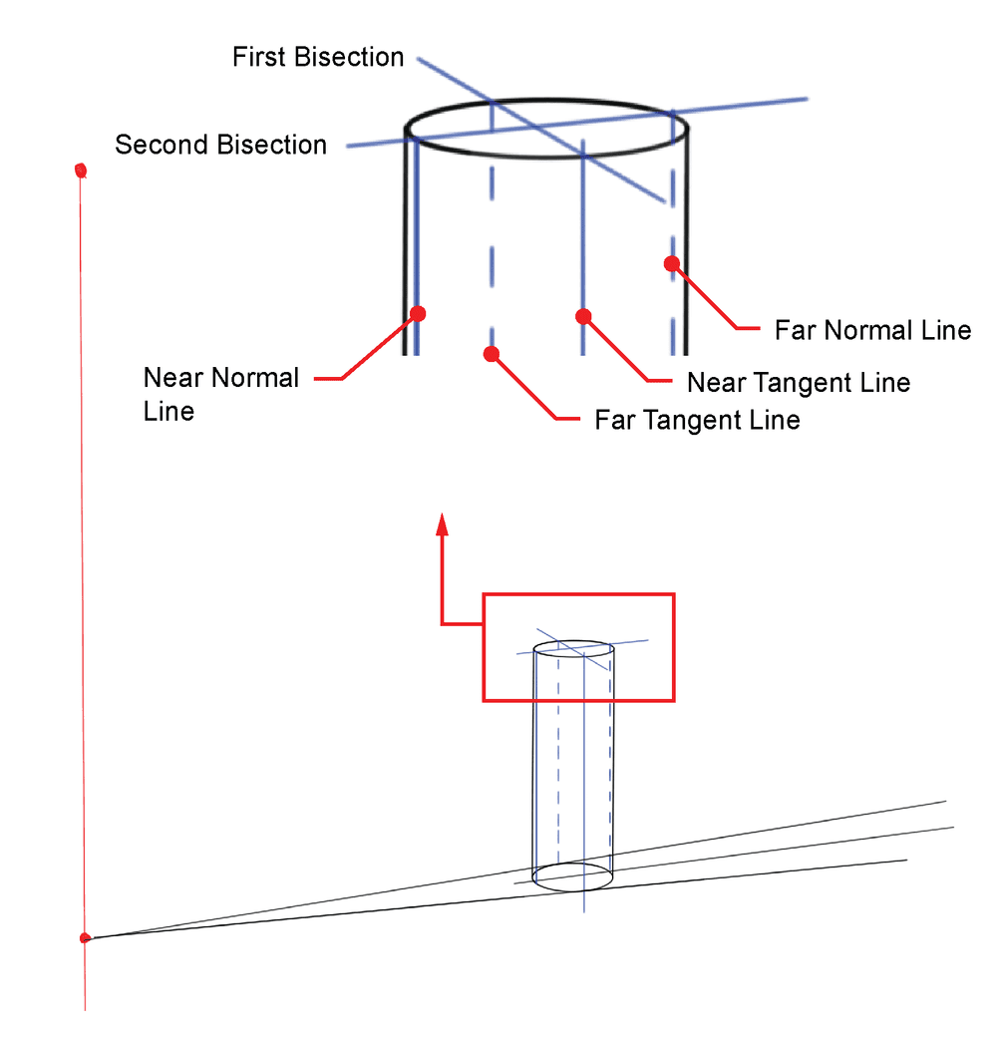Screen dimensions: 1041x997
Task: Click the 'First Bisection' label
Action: pyautogui.click(x=318, y=57)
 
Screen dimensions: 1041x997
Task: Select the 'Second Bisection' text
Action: pyautogui.click(x=220, y=145)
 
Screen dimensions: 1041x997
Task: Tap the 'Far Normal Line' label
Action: pyautogui.click(x=872, y=330)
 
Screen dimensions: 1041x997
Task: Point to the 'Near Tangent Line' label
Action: pyautogui.click(x=799, y=383)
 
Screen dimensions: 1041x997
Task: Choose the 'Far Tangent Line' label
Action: pyautogui.click(x=697, y=420)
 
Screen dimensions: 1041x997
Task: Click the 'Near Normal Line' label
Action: pyautogui.click(x=220, y=394)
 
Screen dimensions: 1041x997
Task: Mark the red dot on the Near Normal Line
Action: pyautogui.click(x=419, y=313)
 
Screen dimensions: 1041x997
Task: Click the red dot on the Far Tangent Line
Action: pyautogui.click(x=490, y=353)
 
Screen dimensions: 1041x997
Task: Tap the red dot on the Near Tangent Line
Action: pyautogui.click(x=584, y=316)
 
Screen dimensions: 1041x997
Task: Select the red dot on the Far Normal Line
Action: pyautogui.click(x=672, y=263)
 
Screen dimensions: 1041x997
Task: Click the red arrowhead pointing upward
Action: pyautogui.click(x=443, y=524)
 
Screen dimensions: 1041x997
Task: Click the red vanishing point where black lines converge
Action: pyautogui.click(x=86, y=937)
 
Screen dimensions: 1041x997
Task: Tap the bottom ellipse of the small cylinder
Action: pyautogui.click(x=573, y=876)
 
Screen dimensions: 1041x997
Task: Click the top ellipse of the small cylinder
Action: pyautogui.click(x=573, y=647)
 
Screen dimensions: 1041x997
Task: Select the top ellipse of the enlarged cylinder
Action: pyautogui.click(x=546, y=130)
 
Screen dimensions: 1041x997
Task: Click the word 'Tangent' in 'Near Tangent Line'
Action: pyautogui.click(x=801, y=383)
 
